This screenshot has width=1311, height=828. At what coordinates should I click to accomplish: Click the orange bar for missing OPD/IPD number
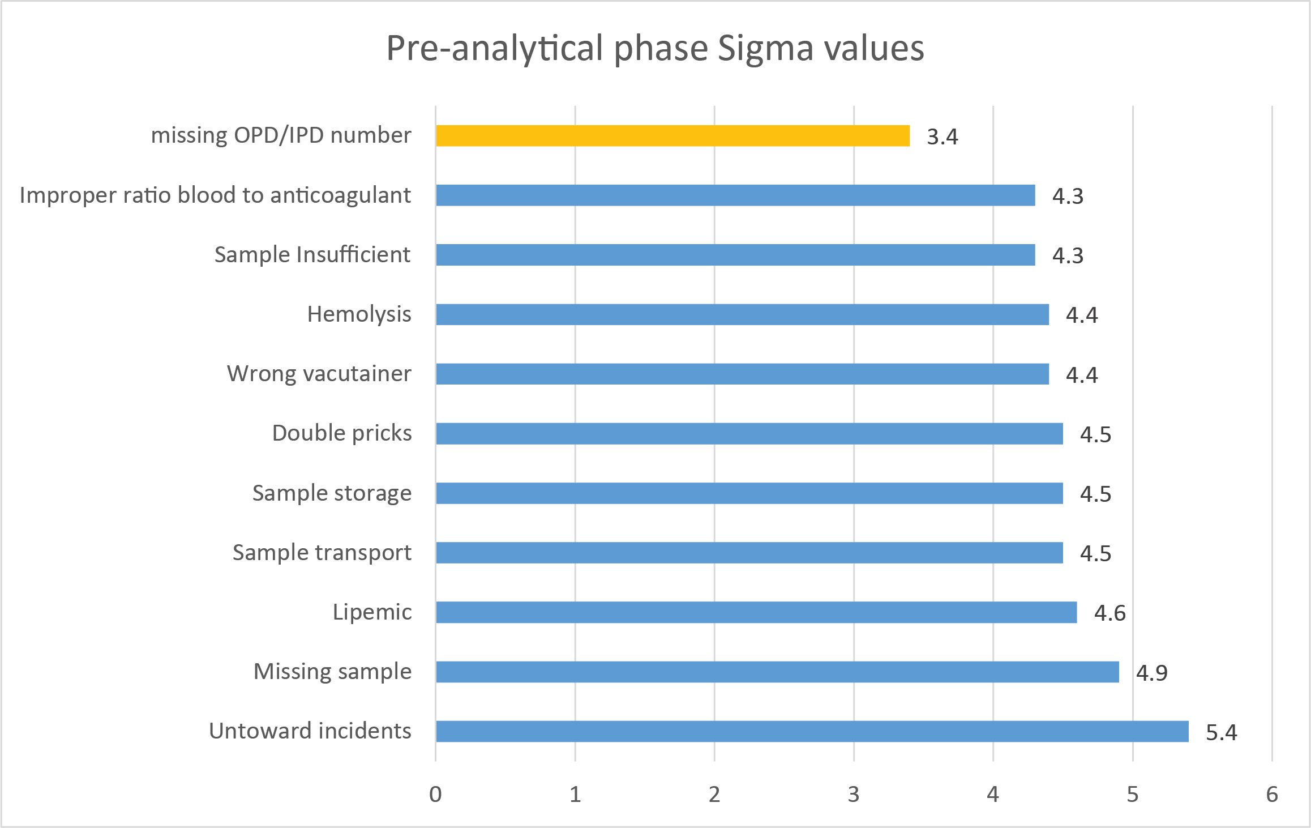click(672, 136)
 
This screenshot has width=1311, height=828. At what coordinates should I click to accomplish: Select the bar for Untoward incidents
click(812, 731)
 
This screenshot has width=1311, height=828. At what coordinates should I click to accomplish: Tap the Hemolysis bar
click(742, 314)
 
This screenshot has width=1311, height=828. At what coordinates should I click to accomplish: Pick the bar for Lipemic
click(756, 612)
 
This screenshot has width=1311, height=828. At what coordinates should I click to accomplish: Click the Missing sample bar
click(777, 672)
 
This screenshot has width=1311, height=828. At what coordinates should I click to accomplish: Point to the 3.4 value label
click(942, 137)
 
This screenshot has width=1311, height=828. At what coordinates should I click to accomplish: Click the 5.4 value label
click(1221, 733)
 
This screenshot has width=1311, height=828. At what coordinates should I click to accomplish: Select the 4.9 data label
click(1151, 673)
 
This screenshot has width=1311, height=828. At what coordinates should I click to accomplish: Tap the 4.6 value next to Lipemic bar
click(1109, 613)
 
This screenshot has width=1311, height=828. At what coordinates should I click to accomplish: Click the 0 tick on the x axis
click(435, 795)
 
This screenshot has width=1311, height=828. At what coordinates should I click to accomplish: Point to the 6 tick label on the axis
click(1271, 795)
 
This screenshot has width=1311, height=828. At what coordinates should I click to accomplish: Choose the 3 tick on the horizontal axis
click(854, 795)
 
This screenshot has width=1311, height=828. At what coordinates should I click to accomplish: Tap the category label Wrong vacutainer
click(319, 374)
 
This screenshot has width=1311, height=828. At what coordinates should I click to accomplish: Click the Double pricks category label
click(342, 433)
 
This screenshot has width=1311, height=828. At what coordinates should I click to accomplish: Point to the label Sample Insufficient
click(312, 255)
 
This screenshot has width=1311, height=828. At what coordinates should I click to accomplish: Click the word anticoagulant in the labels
click(340, 195)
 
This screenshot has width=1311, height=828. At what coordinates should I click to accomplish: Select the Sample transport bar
click(749, 553)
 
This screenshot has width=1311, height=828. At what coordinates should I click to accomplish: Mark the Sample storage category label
click(332, 493)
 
